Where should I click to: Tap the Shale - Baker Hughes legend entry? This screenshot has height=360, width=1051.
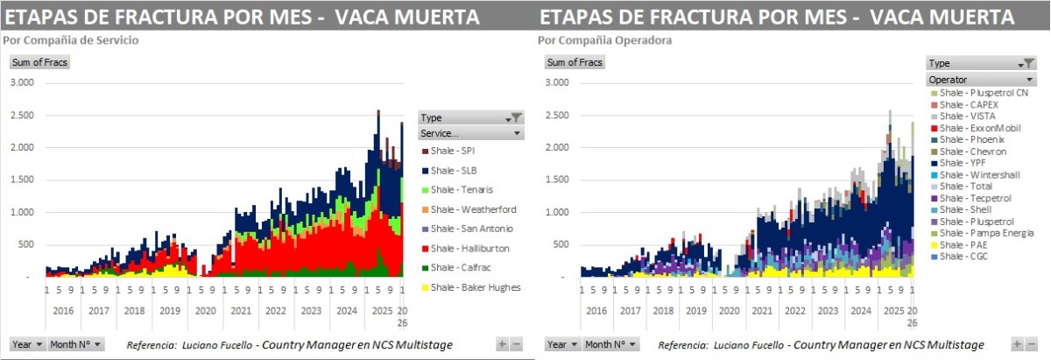tap(469, 286)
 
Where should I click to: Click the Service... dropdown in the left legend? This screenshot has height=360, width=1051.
tap(470, 133)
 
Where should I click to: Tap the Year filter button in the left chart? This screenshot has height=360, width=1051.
tap(27, 344)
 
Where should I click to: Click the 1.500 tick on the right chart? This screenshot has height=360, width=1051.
tap(559, 180)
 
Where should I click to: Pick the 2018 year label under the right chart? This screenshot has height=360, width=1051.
tap(663, 310)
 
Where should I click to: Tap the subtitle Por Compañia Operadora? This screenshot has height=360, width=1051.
tap(593, 40)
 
